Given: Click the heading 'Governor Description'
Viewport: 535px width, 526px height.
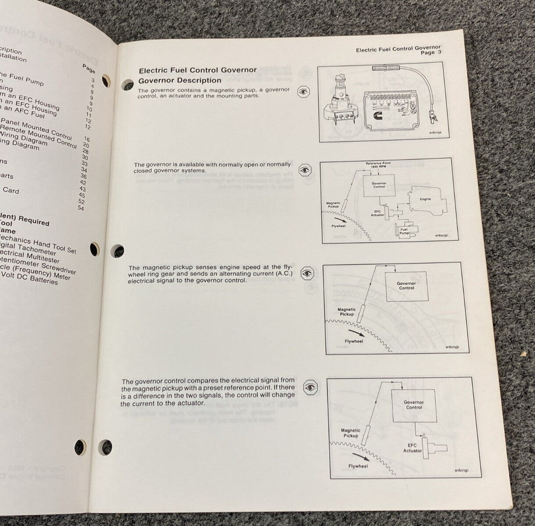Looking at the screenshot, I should point(180,80).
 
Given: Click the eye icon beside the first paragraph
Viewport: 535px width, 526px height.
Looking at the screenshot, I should point(303,92).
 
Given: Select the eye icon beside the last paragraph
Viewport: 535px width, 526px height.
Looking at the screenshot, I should point(310,387).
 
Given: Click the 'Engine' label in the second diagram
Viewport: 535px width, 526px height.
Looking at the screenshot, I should point(425,199).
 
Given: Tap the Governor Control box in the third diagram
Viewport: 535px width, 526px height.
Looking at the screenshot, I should point(406,286).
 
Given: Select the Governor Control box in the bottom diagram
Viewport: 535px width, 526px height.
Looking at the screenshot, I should point(413,405).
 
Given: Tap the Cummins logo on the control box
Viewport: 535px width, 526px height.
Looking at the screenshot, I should point(403,118).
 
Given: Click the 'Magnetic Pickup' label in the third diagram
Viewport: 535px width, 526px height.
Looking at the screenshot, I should point(346,312).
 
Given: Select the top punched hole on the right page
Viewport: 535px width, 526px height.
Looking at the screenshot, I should point(127,83).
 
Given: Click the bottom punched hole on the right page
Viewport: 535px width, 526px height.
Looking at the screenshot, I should point(105,447).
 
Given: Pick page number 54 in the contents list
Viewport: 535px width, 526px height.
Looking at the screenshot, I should point(80,208).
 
